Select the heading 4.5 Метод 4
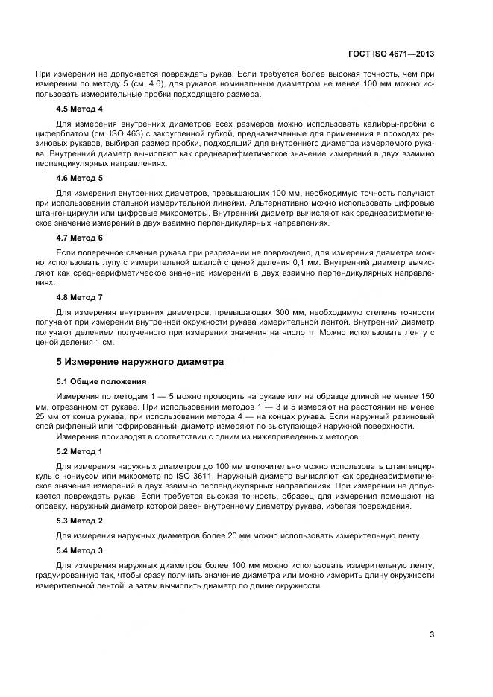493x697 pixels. tap(80, 109)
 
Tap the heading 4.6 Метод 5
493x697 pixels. tap(80, 179)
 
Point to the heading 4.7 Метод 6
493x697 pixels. tap(80, 238)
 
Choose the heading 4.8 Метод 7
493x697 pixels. tap(80, 297)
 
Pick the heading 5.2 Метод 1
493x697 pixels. tap(80, 453)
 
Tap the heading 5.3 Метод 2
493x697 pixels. tap(80, 521)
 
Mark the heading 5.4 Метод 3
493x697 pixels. tap(80, 551)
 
